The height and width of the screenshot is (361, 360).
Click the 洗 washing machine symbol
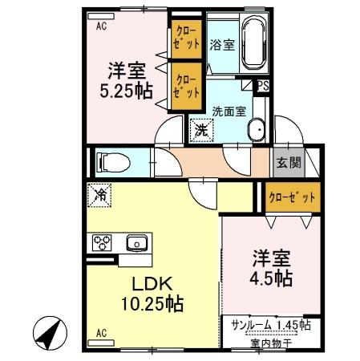click(198, 127)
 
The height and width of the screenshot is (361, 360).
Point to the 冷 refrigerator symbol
click(102, 193)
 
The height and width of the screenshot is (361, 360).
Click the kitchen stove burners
click(103, 241)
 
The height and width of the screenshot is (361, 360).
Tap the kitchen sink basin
click(136, 241)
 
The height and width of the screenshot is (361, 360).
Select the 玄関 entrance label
click(289, 162)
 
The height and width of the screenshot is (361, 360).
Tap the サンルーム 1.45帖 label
click(265, 327)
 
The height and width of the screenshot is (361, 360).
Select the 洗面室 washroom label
click(229, 112)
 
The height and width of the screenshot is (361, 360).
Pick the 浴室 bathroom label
click(222, 46)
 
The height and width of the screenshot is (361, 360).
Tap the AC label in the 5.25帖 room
click(101, 25)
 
